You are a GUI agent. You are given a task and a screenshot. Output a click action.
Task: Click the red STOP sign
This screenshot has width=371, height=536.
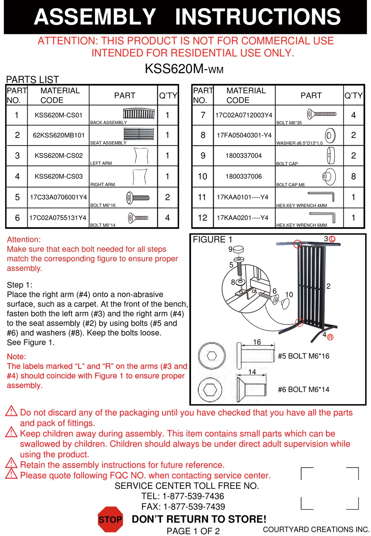click(x=110, y=519)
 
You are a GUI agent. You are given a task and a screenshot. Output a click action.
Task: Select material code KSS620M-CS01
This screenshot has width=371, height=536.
click(x=59, y=115)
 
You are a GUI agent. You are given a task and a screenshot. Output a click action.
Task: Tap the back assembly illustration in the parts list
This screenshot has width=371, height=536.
click(x=139, y=114)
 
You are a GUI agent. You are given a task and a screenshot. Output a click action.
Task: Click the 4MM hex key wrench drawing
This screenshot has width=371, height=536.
click(x=321, y=196)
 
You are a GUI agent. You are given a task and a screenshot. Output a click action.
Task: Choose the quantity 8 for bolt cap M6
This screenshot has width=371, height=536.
click(x=353, y=176)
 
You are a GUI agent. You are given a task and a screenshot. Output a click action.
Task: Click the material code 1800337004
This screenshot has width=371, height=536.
click(x=244, y=156)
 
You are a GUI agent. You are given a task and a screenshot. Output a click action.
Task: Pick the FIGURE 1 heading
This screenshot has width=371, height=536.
click(x=212, y=239)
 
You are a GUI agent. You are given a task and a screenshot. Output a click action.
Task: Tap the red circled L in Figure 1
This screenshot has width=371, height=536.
click(x=332, y=239)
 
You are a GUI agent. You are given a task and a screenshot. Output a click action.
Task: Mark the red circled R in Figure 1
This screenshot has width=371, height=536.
click(x=330, y=337)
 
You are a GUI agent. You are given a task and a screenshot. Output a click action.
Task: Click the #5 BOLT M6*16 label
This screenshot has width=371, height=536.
click(x=303, y=356)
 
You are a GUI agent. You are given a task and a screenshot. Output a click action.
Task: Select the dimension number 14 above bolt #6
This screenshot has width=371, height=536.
click(x=252, y=372)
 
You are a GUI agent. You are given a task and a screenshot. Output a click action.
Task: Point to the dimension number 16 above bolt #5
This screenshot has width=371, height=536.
click(x=257, y=342)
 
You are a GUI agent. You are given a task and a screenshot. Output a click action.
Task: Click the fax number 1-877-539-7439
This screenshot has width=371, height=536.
click(x=194, y=507)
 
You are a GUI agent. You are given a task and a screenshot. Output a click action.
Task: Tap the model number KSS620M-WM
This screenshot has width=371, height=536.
click(x=184, y=69)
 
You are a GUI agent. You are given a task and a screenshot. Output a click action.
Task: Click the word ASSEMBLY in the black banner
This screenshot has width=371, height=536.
click(x=95, y=17)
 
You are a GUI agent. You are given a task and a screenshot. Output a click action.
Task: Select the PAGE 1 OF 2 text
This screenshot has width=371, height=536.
click(x=193, y=531)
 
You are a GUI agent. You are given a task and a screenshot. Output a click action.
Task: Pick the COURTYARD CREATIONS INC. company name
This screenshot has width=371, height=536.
click(x=316, y=529)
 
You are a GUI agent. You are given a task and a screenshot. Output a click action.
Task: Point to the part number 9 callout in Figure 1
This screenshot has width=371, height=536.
click(x=230, y=249)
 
